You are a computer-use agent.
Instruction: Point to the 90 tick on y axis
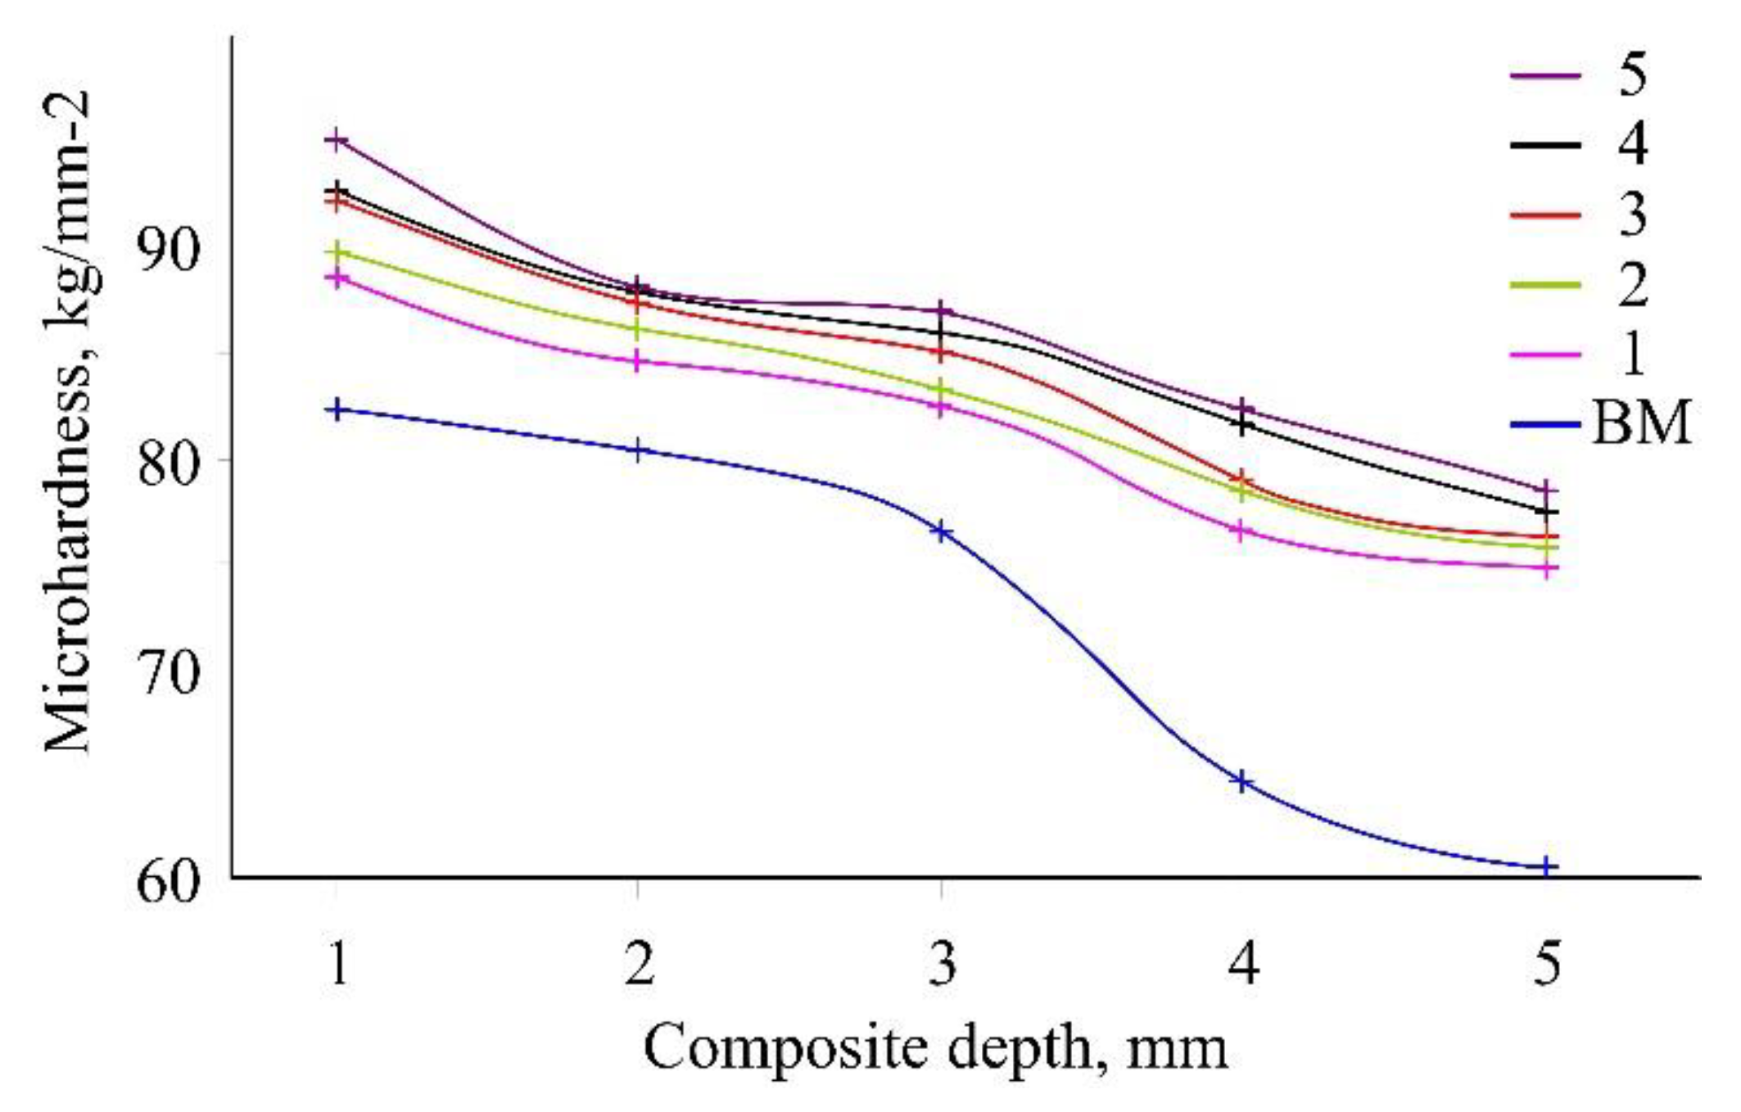pyautogui.click(x=168, y=251)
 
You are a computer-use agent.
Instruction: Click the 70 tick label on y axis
pyautogui.click(x=168, y=675)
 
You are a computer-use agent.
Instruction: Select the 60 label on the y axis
pyautogui.click(x=168, y=882)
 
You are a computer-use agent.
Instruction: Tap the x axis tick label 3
pyautogui.click(x=943, y=964)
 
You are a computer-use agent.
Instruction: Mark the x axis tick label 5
pyautogui.click(x=1546, y=964)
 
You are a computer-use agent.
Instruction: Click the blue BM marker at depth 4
pyautogui.click(x=1242, y=782)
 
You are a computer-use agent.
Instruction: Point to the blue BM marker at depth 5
pyautogui.click(x=1545, y=866)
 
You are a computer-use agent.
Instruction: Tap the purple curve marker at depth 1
pyautogui.click(x=336, y=141)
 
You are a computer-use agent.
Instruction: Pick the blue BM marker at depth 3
pyautogui.click(x=941, y=532)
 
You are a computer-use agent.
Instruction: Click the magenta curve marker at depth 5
pyautogui.click(x=1545, y=568)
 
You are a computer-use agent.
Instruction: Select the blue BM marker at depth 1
pyautogui.click(x=337, y=409)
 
